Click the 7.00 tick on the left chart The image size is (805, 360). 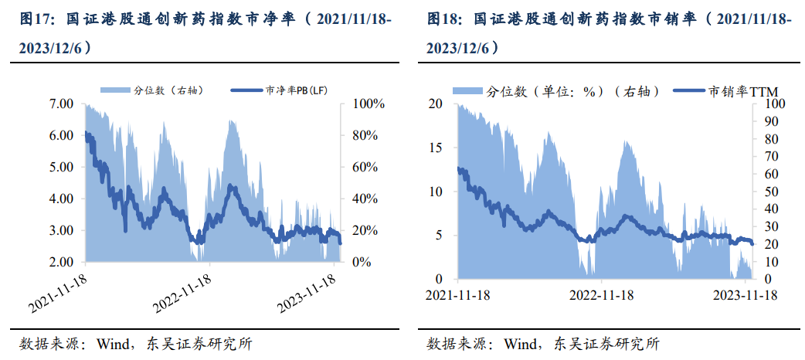61,104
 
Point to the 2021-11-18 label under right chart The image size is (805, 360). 457,294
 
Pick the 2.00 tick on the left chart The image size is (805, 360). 61,263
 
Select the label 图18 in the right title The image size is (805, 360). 443,19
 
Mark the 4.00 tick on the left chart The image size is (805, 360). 61,199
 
